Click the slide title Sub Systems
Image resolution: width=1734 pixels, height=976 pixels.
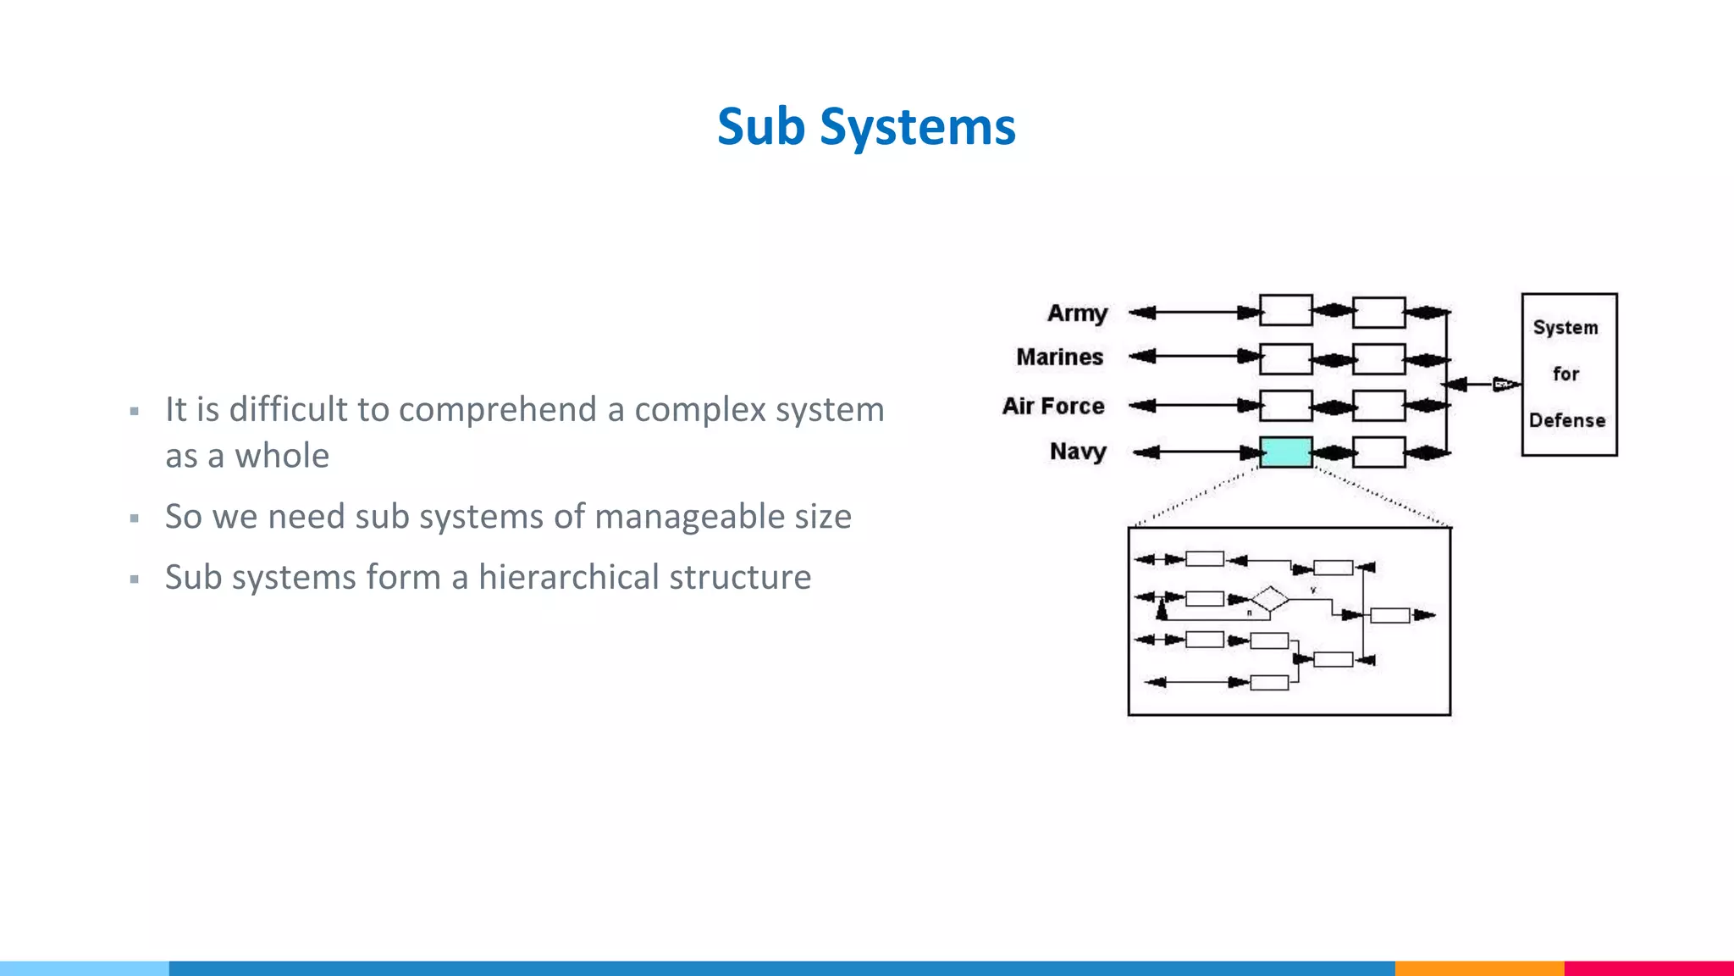click(x=865, y=127)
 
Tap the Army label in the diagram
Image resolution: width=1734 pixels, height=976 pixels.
click(x=1077, y=313)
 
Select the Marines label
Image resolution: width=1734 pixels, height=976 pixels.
click(x=1059, y=358)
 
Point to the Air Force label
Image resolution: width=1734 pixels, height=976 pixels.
click(x=1053, y=407)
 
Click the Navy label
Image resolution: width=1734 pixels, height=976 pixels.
click(x=1078, y=452)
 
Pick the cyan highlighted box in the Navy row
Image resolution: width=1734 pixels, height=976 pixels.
click(x=1285, y=452)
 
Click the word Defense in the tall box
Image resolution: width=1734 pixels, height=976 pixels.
click(x=1566, y=420)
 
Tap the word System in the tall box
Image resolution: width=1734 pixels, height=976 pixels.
click(x=1565, y=327)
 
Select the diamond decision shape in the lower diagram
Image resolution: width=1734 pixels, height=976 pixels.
click(x=1269, y=599)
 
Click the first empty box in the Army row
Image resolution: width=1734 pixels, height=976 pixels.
click(x=1285, y=311)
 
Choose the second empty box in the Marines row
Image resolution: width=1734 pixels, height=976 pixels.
click(x=1378, y=358)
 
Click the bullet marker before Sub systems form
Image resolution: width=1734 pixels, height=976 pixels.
click(x=135, y=579)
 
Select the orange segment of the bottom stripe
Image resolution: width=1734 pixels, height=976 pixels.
click(x=1479, y=968)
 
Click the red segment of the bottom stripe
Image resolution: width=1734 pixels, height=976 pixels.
click(x=1648, y=968)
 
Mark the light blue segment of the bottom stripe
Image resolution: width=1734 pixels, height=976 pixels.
click(x=85, y=968)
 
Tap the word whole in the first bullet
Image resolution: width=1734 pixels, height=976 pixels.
click(x=282, y=457)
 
